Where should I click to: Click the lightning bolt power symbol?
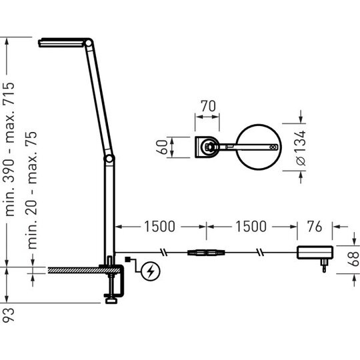(151, 271)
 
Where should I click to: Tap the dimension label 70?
(208, 106)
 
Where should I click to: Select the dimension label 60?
(162, 147)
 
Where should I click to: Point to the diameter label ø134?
(301, 148)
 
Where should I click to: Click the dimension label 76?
(315, 227)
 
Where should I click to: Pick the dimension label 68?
(353, 259)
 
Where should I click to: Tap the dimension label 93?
(9, 315)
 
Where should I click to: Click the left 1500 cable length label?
(159, 227)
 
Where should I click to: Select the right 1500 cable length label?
(251, 227)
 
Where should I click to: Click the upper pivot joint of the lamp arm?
(89, 43)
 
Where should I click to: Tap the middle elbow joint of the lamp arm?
(109, 159)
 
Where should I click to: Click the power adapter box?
(315, 252)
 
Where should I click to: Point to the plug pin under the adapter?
(324, 265)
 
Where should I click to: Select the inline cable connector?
(207, 253)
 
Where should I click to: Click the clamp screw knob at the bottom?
(111, 301)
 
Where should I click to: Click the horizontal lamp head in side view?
(61, 43)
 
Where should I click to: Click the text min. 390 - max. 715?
(9, 149)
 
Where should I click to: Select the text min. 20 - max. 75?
(32, 190)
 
